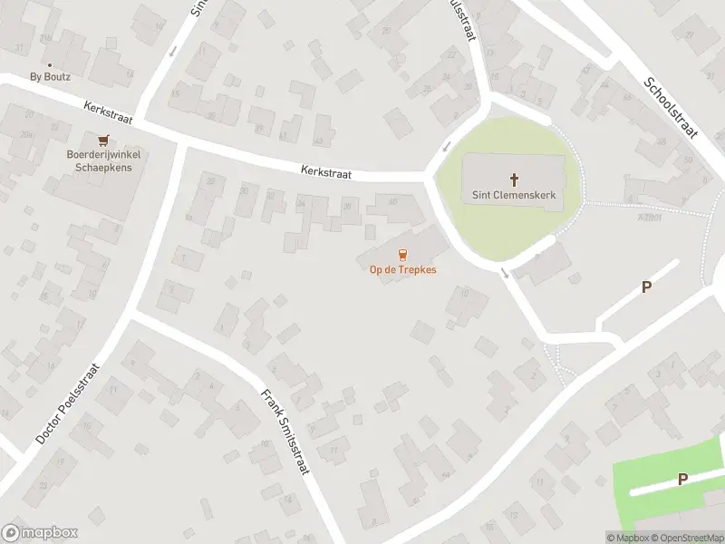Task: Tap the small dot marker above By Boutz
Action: (x=49, y=64)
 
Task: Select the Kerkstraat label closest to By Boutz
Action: (x=108, y=113)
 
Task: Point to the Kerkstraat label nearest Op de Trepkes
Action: (x=326, y=170)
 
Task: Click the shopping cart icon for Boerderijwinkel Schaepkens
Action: (x=102, y=140)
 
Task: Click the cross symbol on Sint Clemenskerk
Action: (x=514, y=180)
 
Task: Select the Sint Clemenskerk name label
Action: (x=514, y=195)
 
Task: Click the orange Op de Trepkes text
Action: (x=403, y=270)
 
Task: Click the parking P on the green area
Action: (x=682, y=479)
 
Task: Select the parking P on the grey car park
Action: (x=646, y=287)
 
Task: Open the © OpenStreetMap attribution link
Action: (x=685, y=538)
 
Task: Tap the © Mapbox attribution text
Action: (x=627, y=538)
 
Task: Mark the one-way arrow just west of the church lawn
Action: (x=446, y=147)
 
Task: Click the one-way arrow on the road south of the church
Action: (x=504, y=272)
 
